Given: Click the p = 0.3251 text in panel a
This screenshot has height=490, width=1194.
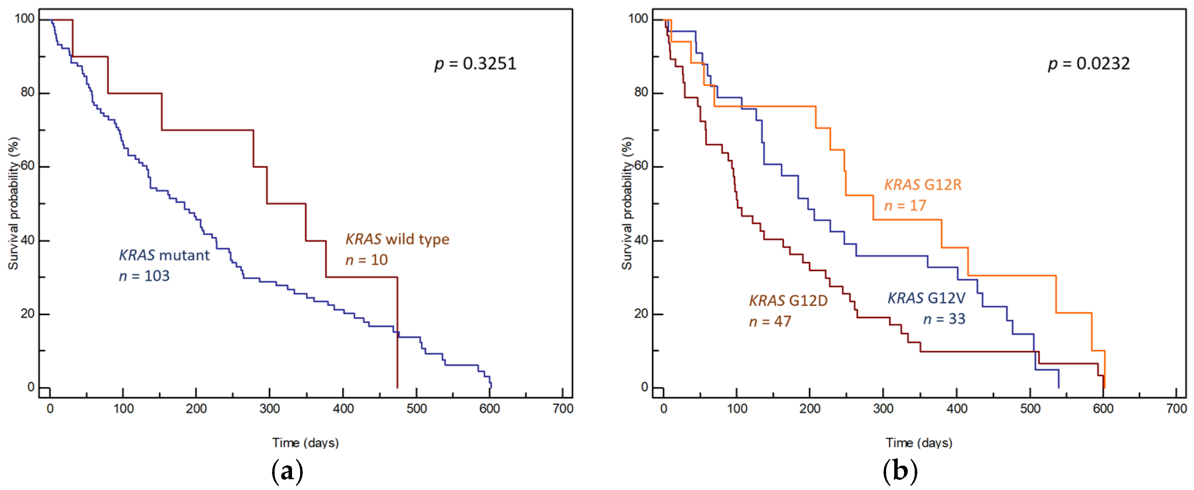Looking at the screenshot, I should pos(475,63).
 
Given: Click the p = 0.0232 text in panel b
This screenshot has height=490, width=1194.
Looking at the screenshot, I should pos(1089,63).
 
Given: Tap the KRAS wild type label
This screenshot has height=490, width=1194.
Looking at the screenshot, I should pos(397,239).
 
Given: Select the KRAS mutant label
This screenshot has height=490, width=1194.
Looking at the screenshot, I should pos(164,255).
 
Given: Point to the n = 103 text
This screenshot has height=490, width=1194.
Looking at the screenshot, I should pos(144,276).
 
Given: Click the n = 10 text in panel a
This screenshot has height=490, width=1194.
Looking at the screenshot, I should pos(366,260).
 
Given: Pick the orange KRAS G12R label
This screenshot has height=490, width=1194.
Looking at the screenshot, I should pos(923,185).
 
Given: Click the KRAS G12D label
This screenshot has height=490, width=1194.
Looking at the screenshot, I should pos(788,301).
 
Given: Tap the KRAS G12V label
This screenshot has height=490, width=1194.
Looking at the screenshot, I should pos(926,298).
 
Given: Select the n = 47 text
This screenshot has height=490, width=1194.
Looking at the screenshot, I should pos(770,321).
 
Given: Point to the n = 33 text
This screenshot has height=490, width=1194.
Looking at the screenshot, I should pos(944,319).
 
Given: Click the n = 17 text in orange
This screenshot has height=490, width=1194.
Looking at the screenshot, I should pos(905,206).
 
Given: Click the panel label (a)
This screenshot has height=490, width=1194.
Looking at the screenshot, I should pos(287,471).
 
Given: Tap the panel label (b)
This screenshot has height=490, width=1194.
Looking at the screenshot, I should pos(900,471).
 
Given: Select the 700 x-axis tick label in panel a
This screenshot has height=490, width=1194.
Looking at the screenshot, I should pos(563,409).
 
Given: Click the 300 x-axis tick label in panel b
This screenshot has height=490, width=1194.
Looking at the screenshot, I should pos(883,409).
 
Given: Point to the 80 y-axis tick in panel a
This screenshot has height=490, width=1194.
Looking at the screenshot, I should pos(28,92).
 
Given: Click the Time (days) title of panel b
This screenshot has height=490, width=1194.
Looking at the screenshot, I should pos(919,443).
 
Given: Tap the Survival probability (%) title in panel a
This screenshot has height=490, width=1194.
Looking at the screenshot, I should pos(13,203).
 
